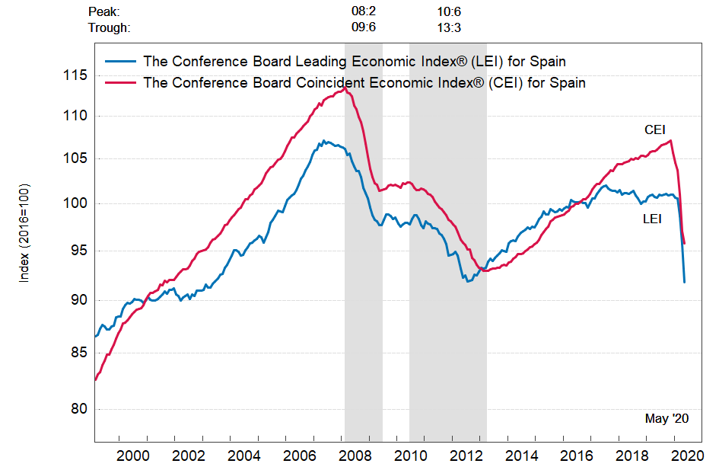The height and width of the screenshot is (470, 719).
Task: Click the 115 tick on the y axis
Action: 77,75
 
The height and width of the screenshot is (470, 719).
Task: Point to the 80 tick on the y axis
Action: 80,409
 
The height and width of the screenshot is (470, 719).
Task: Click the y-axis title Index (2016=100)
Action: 24,233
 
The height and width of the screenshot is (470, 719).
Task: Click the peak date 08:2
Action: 364,11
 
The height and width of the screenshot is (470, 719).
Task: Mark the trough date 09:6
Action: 364,28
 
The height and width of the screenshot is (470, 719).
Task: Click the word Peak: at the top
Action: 104,11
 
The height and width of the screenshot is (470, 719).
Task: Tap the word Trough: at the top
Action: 110,28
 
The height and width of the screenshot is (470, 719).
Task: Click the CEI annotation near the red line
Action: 655,130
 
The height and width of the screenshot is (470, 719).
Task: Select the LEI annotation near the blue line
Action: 652,219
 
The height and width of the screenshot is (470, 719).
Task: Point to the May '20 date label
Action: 667,418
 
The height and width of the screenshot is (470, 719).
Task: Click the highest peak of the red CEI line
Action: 345,88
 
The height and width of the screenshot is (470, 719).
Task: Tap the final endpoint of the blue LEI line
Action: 685,282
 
